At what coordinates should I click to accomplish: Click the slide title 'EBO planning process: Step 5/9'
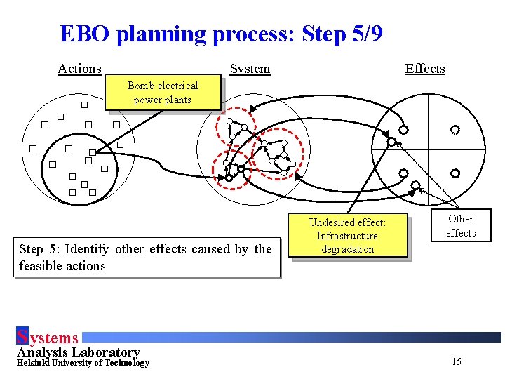coord(221,34)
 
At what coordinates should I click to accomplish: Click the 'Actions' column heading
coord(79,69)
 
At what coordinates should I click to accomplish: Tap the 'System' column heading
coord(250,69)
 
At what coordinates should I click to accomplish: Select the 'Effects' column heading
coord(425,69)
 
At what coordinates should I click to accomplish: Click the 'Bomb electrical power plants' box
coord(163,93)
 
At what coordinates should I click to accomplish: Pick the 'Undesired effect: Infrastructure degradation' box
coord(348,236)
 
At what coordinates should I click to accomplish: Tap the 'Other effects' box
coord(461,226)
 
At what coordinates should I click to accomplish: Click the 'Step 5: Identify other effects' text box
coord(145,258)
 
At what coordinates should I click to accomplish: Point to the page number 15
coord(457,362)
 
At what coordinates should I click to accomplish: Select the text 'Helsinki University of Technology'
coord(83,363)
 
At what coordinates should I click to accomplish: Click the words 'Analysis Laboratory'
coord(78,352)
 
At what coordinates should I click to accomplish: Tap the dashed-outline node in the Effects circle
coord(455,130)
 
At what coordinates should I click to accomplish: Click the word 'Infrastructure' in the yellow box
coord(347,236)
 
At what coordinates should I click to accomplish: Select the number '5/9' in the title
coord(365,34)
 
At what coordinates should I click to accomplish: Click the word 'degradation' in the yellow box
coord(348,249)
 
